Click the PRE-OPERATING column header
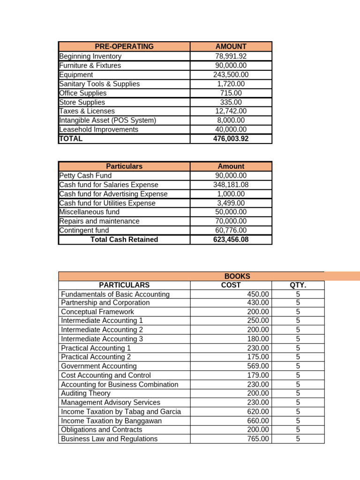tap(124, 46)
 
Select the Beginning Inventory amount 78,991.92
tap(231, 56)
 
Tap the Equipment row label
tap(76, 75)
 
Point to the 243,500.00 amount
tap(231, 75)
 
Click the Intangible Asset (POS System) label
tap(108, 120)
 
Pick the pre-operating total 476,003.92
tap(231, 139)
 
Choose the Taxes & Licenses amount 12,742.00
tap(231, 111)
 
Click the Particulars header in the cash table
tap(124, 166)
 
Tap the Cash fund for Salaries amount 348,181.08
tap(231, 185)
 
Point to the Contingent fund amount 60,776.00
tap(231, 230)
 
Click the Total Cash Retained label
tap(124, 240)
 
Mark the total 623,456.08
tap(231, 240)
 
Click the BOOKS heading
tap(237, 277)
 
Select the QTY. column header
tap(298, 285)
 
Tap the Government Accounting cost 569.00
tap(258, 366)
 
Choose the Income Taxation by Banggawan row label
tap(112, 421)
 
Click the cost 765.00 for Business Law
tap(258, 439)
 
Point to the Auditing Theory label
tap(86, 393)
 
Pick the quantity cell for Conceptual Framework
tap(298, 312)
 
